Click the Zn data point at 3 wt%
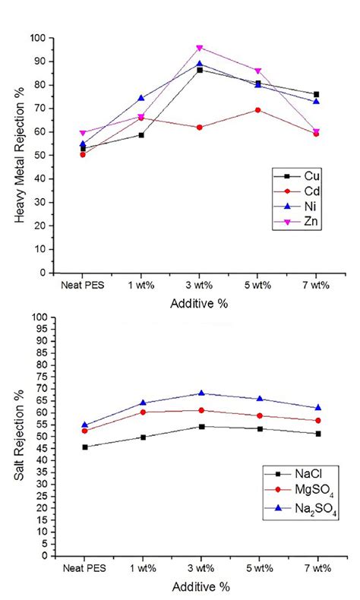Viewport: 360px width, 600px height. pos(200,47)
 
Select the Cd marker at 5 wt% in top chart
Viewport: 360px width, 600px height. pos(258,110)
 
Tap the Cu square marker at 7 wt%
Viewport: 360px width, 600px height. pos(316,94)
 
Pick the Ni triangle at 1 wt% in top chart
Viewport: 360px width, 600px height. pos(141,98)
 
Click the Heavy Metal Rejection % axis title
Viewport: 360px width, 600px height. pos(19,155)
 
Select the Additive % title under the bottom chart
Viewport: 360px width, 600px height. pos(200,586)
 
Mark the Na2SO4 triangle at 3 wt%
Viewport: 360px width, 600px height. pos(201,393)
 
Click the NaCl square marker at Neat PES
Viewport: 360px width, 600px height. pos(84,447)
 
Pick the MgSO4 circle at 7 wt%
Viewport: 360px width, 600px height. pos(317,420)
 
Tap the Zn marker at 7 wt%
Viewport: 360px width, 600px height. pos(317,131)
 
